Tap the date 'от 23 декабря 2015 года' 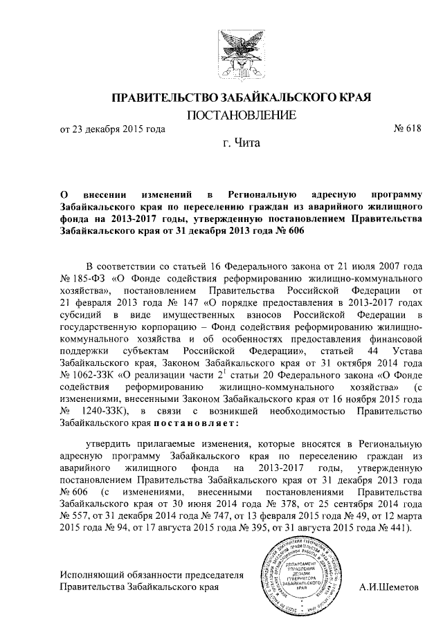point(112,129)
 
